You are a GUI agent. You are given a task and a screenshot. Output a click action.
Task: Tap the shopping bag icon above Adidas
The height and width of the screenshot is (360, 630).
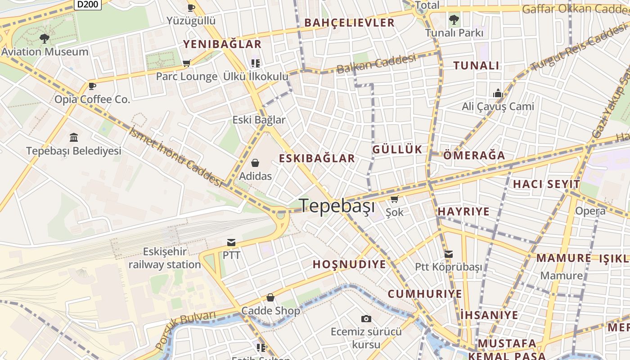255,163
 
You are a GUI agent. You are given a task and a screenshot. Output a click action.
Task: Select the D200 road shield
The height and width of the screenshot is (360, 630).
87,4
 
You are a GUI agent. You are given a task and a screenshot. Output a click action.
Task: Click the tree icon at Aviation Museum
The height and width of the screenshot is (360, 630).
44,39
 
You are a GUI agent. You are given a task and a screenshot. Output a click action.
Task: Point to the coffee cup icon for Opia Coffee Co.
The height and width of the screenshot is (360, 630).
92,86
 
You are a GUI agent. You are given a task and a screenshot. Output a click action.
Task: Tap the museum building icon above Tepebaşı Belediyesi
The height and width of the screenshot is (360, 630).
74,137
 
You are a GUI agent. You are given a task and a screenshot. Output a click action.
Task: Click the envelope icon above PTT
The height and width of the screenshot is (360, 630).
231,243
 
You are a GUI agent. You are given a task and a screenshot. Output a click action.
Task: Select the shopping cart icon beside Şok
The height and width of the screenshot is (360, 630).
394,199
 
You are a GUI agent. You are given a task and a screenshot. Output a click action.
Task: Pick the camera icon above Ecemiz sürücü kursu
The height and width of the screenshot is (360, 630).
366,319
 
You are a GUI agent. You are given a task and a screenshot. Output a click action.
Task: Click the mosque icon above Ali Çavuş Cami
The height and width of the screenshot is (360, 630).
498,93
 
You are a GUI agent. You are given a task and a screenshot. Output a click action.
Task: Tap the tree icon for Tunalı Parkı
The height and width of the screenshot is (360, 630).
454,20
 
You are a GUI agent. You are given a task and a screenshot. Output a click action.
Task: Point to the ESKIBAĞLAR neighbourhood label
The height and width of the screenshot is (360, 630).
317,158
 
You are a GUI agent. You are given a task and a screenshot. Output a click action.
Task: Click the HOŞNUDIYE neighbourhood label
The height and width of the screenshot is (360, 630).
349,264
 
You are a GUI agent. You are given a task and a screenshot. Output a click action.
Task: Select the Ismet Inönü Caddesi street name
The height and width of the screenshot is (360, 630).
176,157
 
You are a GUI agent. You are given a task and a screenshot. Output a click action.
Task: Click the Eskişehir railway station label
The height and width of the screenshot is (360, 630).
165,258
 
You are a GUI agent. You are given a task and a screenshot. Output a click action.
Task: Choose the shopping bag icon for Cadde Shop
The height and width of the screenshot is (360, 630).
270,297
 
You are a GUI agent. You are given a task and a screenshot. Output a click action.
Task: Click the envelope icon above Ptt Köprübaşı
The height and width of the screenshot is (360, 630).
448,254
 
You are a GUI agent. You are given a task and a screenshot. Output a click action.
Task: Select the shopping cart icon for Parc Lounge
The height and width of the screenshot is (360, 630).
186,63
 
